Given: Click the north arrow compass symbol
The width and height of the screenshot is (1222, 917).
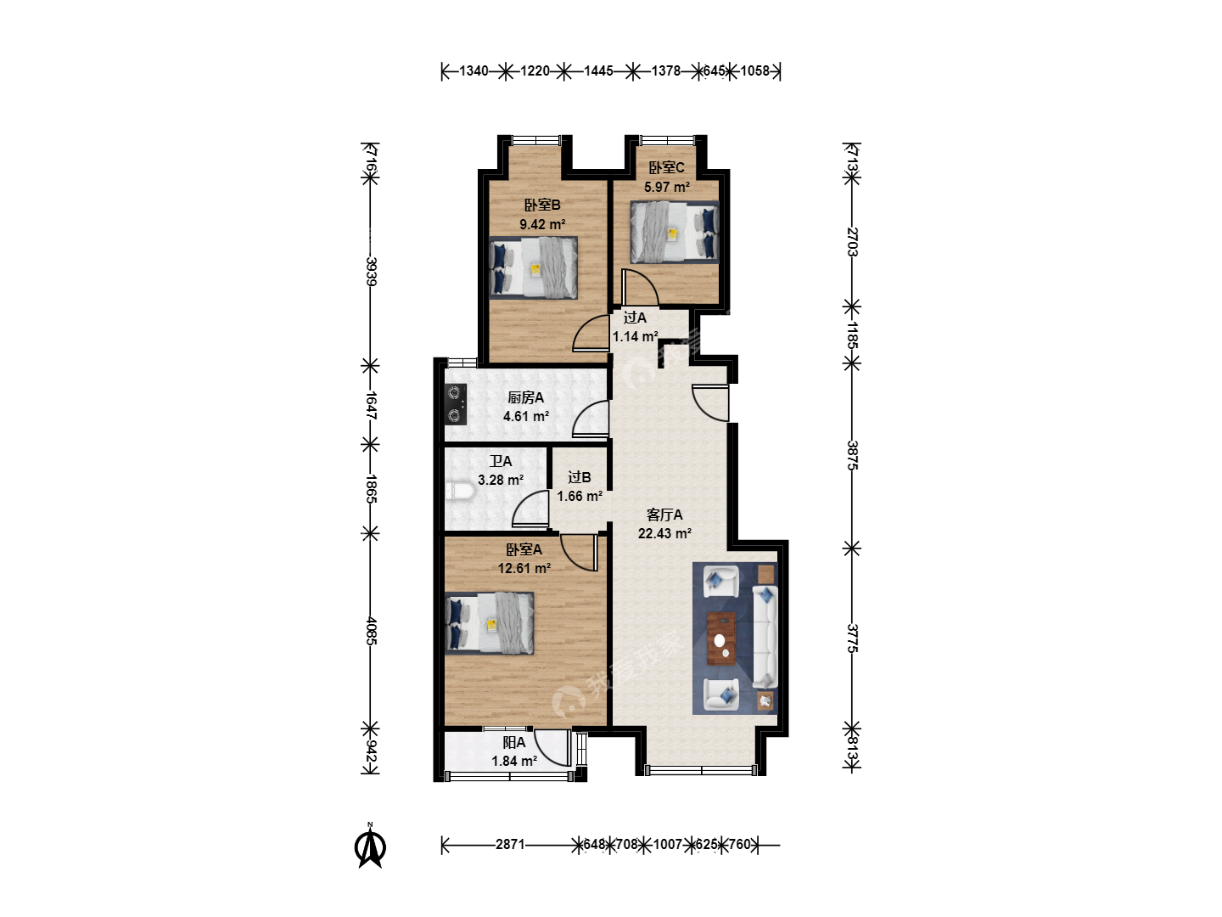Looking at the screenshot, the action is (370, 847).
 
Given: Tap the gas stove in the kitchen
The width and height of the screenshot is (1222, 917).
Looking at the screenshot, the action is (456, 404).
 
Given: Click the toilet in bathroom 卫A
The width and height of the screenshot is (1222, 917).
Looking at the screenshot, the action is (460, 492).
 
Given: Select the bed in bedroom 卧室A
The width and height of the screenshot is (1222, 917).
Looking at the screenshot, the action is (490, 622).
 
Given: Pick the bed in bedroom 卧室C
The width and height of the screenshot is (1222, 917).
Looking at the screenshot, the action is (675, 232).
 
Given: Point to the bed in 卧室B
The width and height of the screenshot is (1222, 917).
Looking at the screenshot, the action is (533, 267).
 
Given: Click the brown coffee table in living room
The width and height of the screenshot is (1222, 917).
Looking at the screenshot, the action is (721, 638).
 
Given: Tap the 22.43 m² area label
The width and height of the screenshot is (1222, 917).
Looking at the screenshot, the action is (664, 533).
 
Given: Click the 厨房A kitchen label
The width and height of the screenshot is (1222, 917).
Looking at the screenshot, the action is (525, 397).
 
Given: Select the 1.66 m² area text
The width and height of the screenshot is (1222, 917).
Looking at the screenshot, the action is (580, 496).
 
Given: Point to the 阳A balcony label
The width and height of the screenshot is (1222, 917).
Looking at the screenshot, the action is (514, 742).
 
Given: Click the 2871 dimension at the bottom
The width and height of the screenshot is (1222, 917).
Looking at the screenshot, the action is (510, 845).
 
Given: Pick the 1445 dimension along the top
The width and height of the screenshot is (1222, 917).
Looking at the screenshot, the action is (598, 70).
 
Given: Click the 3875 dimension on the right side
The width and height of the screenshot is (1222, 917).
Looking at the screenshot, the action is (852, 455).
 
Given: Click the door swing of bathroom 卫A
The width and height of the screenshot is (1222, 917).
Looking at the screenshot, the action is (530, 509).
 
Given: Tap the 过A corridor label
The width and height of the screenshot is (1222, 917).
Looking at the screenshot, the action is (635, 318).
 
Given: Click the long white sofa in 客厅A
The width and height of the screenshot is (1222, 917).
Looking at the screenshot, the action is (765, 637).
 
